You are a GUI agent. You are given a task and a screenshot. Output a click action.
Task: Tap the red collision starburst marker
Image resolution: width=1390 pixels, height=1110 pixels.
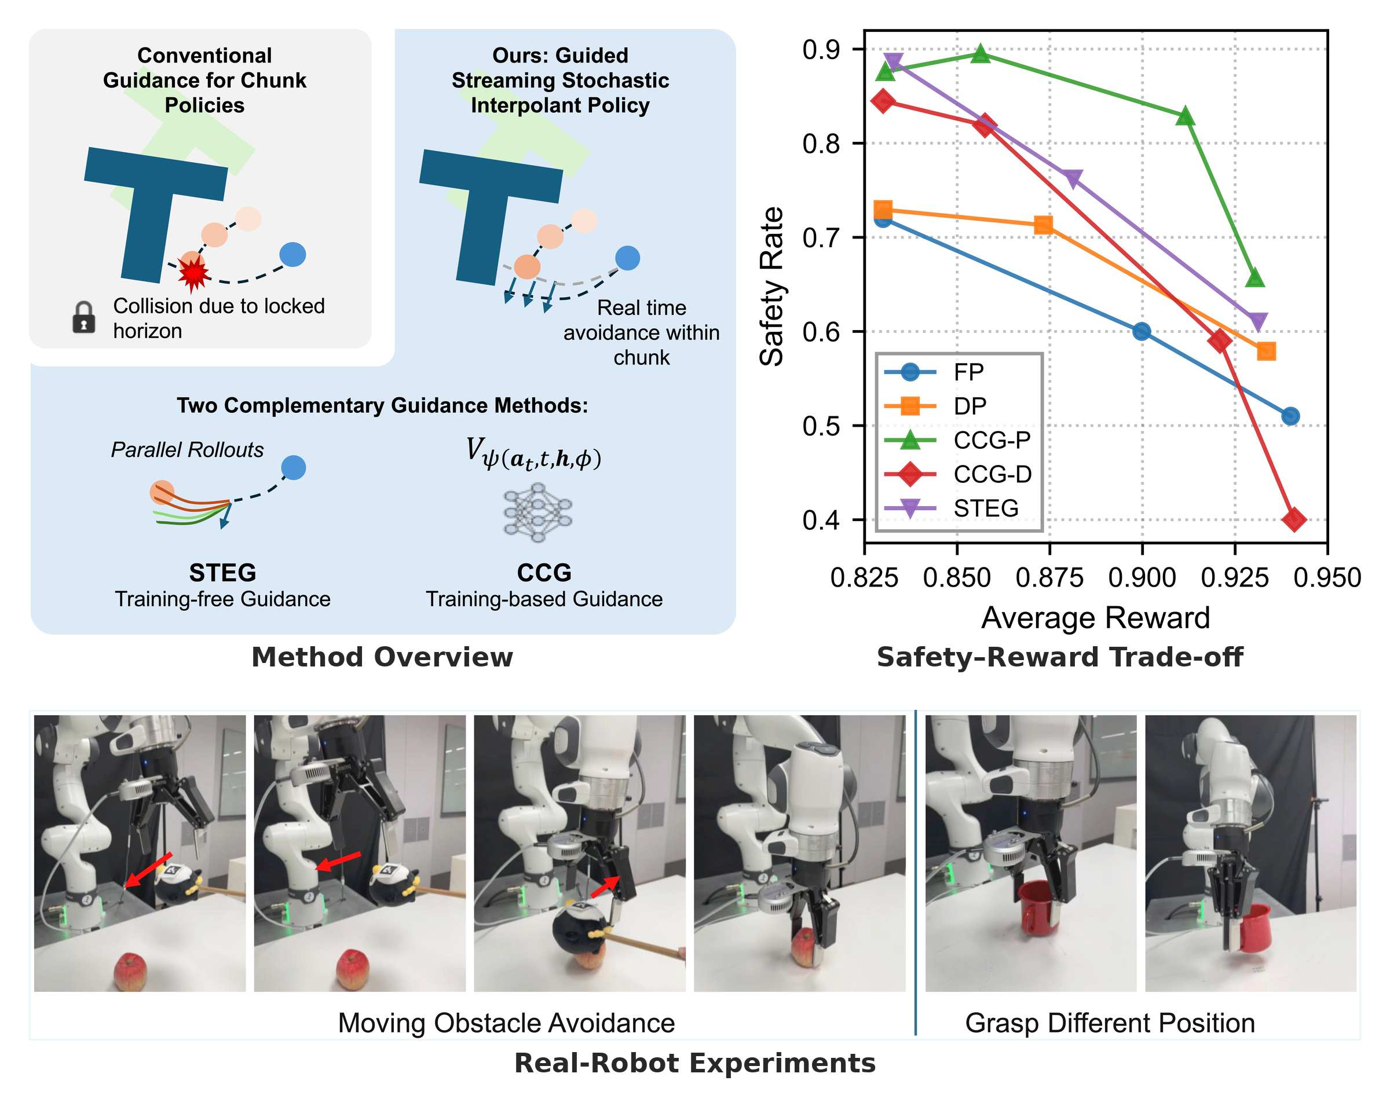tap(193, 273)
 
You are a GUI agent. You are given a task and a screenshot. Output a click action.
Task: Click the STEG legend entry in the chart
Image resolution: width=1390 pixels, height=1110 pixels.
tap(952, 508)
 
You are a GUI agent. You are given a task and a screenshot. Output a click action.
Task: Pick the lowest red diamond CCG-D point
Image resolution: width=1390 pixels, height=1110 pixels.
tap(1294, 519)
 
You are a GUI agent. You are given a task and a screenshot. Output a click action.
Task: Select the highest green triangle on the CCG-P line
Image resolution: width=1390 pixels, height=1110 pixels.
tap(980, 53)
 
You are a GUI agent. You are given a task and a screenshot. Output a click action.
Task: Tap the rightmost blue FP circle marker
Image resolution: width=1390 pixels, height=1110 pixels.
tap(1290, 416)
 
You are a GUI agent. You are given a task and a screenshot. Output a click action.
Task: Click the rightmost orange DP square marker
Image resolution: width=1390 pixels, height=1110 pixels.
tap(1266, 351)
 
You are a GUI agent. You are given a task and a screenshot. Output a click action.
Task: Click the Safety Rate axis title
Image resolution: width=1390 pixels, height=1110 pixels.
tap(771, 287)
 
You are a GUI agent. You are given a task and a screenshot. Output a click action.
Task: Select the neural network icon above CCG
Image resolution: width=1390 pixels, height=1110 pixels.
tap(537, 514)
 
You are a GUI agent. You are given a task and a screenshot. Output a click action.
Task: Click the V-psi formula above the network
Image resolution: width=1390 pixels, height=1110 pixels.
tap(534, 454)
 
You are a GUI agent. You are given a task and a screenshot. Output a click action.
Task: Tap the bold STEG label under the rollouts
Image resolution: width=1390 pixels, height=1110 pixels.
tap(222, 573)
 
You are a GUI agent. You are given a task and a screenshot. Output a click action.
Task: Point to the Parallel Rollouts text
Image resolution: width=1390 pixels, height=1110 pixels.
tap(187, 449)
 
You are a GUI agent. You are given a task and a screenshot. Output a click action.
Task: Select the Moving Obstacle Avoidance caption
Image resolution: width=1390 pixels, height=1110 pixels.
tap(506, 1023)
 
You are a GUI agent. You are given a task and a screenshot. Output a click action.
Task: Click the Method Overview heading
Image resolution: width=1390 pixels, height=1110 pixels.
tap(382, 657)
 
